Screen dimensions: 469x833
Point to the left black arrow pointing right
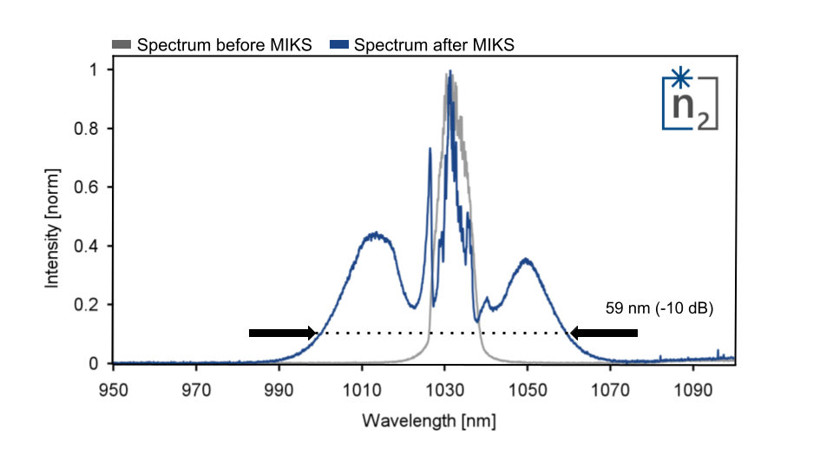pyautogui.click(x=283, y=333)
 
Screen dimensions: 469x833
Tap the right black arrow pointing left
pyautogui.click(x=604, y=333)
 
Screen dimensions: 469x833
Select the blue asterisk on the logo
pyautogui.click(x=681, y=79)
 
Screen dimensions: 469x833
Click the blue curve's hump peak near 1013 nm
pyautogui.click(x=375, y=234)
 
